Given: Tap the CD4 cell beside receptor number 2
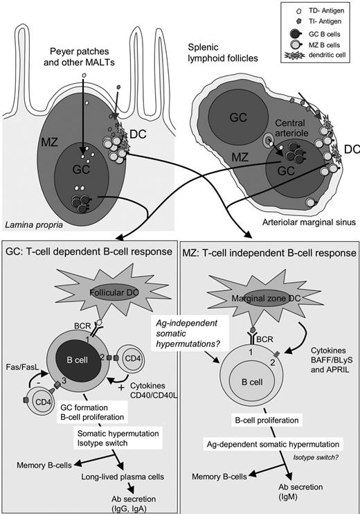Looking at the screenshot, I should coord(138,362).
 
